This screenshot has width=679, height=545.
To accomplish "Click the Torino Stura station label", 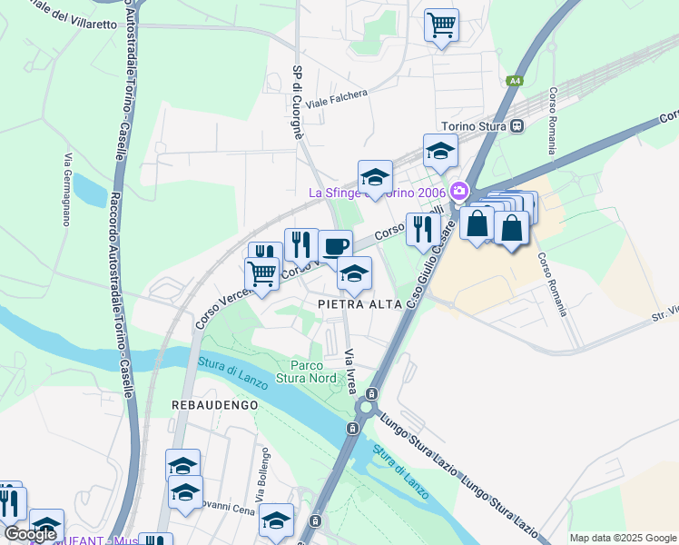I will click(472, 126).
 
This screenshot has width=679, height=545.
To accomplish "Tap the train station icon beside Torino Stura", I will click(517, 126).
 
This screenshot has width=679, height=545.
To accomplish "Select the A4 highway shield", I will click(515, 81).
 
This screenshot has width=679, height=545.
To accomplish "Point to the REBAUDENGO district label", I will click(215, 404).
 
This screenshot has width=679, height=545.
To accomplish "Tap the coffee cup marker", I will click(335, 246).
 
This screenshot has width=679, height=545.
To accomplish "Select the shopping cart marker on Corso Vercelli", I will click(261, 273).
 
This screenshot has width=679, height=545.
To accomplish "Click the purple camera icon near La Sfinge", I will click(459, 191).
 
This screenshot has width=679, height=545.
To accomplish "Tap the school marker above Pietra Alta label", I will click(354, 272).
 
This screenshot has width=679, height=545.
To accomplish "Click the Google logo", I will click(30, 534).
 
